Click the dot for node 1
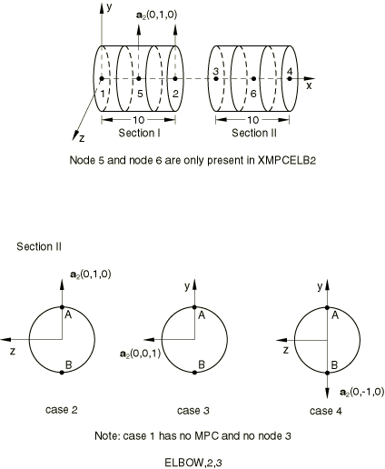point(102,79)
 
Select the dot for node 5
point(139,79)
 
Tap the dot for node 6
point(253,79)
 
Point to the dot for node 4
point(290,79)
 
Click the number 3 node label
point(215,72)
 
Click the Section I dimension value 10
point(139,120)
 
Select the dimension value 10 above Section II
point(253,120)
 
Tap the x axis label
point(309,86)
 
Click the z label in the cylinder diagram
point(82,139)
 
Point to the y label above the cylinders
point(109,7)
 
